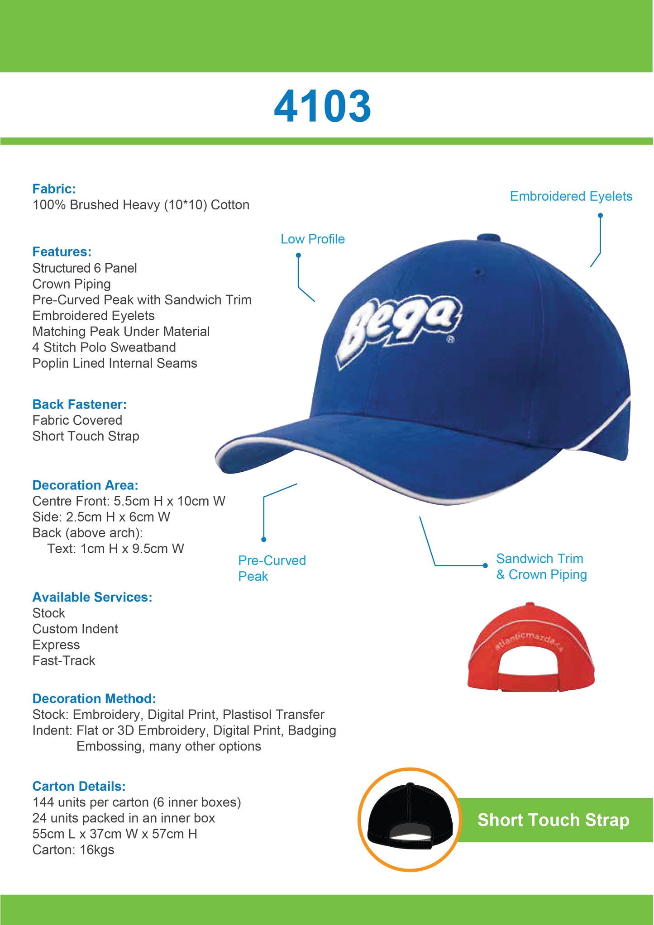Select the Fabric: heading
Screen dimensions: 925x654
click(54, 189)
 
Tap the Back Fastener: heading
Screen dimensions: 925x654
click(79, 404)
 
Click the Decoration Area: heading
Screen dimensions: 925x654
click(85, 485)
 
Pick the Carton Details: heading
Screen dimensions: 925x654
click(79, 786)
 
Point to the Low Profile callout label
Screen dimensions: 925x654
click(312, 239)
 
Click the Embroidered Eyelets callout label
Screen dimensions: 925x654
click(571, 196)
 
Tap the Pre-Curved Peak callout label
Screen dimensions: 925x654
click(272, 568)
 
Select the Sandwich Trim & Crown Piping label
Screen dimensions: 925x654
click(541, 566)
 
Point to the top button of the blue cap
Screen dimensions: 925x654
click(488, 237)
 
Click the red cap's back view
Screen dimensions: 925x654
click(531, 647)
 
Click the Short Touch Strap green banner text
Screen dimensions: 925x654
click(553, 820)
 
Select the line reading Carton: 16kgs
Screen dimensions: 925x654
click(73, 850)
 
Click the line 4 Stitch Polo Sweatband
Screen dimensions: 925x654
click(104, 347)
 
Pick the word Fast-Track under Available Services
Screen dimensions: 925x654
click(64, 660)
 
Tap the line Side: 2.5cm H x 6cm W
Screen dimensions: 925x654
click(101, 517)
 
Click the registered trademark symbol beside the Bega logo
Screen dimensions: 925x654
click(451, 340)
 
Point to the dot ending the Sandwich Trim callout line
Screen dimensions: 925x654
click(485, 565)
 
